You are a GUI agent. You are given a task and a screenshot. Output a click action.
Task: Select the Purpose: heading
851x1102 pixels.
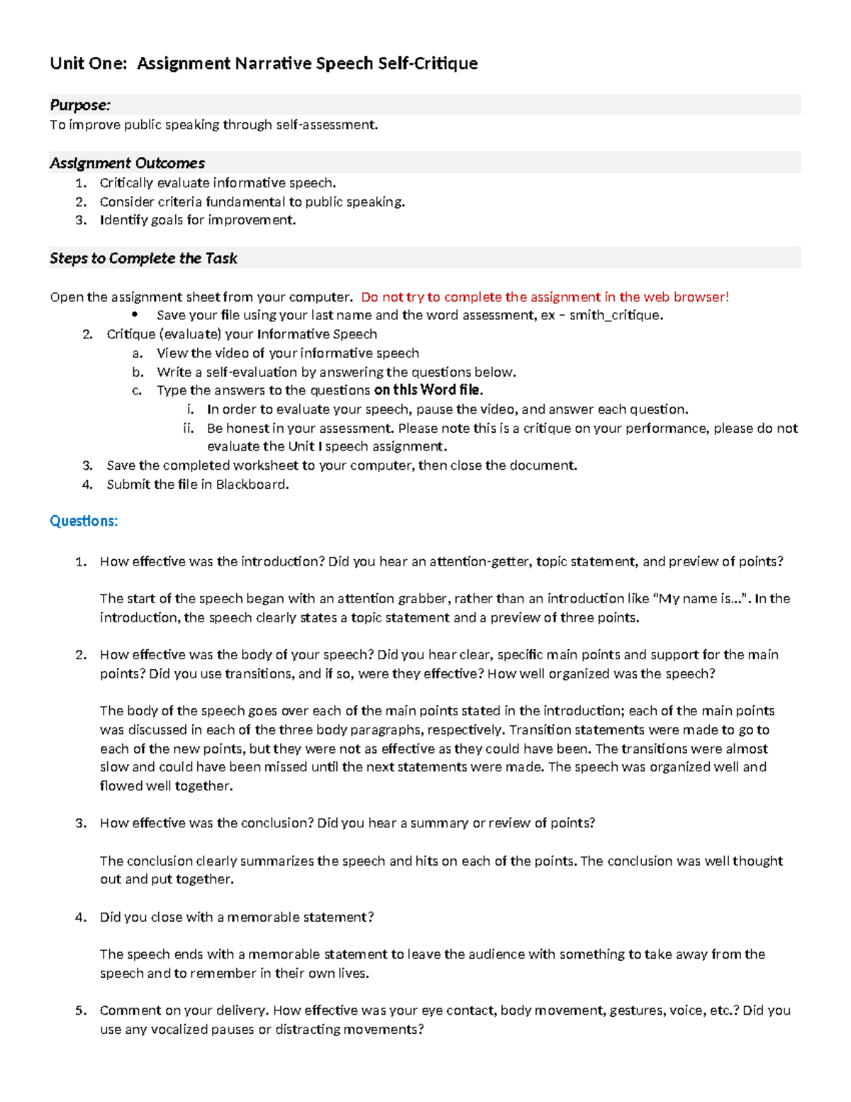(x=79, y=105)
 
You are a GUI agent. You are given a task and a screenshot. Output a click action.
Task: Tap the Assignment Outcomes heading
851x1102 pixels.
(x=127, y=163)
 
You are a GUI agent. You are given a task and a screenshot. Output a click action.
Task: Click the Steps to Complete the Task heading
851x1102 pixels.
(x=143, y=258)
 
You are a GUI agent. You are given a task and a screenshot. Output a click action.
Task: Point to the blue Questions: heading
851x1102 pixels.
(x=83, y=521)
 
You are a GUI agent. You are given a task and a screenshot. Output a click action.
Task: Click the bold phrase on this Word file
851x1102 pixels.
(x=428, y=390)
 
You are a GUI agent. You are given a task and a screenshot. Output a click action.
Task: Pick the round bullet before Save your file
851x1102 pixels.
(x=135, y=315)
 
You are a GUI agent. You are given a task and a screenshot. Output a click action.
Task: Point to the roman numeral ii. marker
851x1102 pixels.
(x=188, y=428)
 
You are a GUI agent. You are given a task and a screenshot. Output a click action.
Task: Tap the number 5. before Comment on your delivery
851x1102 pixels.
(x=81, y=1010)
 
